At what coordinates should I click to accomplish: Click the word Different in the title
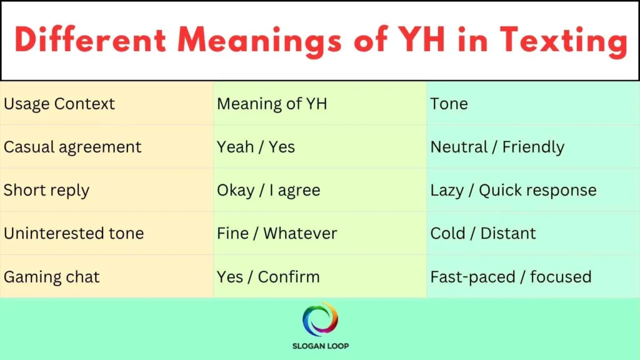(x=91, y=41)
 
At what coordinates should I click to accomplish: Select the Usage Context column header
(x=59, y=104)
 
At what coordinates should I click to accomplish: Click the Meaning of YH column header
(x=272, y=104)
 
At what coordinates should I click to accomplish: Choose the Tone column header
(x=449, y=104)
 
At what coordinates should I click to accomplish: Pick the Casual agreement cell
(x=72, y=147)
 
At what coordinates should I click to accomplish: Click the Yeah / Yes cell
(x=256, y=147)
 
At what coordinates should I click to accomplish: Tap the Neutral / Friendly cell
(x=497, y=147)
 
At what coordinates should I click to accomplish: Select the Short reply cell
(x=46, y=190)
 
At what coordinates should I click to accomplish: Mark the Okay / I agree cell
(x=268, y=190)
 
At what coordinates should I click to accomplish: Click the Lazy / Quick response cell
(x=513, y=190)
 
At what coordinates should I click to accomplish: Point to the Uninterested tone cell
(x=74, y=233)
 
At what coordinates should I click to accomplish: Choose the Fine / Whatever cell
(x=277, y=233)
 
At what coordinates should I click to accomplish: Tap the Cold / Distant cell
(x=483, y=233)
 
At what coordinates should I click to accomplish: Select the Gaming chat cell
(x=52, y=276)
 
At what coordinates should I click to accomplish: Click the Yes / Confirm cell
(x=268, y=276)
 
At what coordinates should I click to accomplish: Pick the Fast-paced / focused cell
(x=511, y=276)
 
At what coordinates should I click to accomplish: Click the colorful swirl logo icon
(x=320, y=319)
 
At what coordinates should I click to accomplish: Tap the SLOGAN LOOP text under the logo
(x=320, y=346)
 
